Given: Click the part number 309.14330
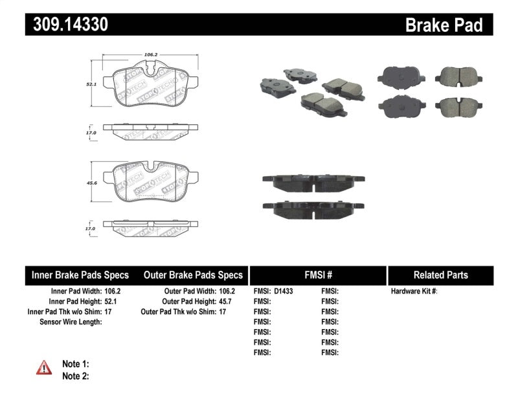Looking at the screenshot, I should pyautogui.click(x=67, y=25).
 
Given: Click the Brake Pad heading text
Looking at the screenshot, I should pyautogui.click(x=444, y=25).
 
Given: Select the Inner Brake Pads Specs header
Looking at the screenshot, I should pyautogui.click(x=80, y=275).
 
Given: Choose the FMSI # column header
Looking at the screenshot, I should pyautogui.click(x=317, y=275).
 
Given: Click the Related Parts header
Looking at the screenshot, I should pyautogui.click(x=440, y=275).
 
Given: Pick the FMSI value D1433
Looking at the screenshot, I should pyautogui.click(x=283, y=292).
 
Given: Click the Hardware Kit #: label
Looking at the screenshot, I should pyautogui.click(x=414, y=292).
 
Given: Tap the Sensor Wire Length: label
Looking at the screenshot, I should pyautogui.click(x=71, y=322).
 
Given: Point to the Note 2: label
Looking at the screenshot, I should pyautogui.click(x=75, y=376).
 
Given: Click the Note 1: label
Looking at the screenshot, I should pyautogui.click(x=75, y=364).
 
